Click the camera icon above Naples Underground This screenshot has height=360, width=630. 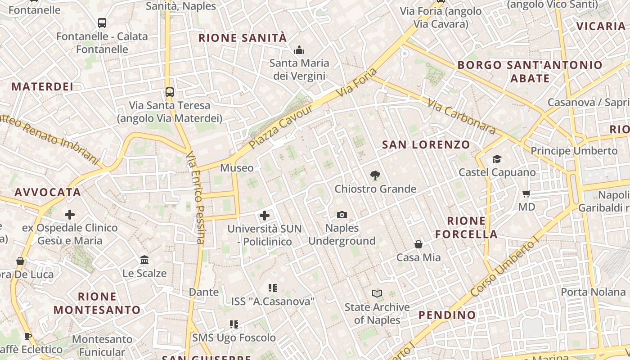click(x=342, y=215)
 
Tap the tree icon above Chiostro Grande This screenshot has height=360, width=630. click(x=375, y=175)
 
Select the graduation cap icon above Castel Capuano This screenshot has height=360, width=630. click(x=497, y=159)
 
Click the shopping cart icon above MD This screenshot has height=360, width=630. click(x=526, y=194)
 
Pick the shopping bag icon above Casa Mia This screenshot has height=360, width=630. click(x=418, y=244)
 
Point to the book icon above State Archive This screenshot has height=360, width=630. click(x=377, y=294)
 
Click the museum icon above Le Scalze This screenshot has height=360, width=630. click(x=144, y=260)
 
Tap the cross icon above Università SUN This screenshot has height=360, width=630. click(x=265, y=216)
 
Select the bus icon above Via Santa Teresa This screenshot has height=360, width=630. click(x=169, y=92)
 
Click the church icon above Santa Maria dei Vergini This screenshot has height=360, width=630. click(x=299, y=50)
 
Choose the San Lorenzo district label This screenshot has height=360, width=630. click(x=426, y=145)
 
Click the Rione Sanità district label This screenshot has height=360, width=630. click(x=243, y=38)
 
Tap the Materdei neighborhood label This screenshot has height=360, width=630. click(x=42, y=86)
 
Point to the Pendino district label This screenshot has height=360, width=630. click(x=447, y=315)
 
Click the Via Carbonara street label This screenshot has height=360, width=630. click(x=462, y=117)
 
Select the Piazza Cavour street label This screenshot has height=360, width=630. click(x=281, y=127)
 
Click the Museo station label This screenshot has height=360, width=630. click(x=237, y=168)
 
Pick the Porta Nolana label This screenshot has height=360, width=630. click(x=593, y=292)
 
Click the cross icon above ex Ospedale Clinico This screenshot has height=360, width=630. click(x=70, y=215)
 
